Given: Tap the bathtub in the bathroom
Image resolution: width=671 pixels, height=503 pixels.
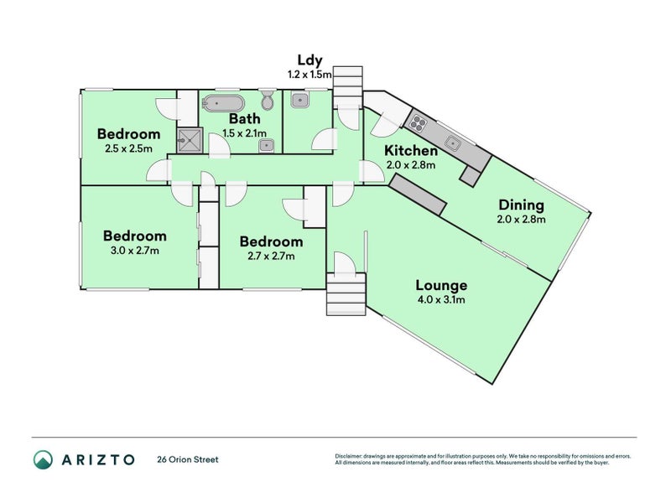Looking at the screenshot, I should point(224,104).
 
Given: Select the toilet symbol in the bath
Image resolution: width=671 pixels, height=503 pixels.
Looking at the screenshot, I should point(268,101).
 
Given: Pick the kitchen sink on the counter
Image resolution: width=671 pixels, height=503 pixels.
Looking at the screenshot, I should point(453,143).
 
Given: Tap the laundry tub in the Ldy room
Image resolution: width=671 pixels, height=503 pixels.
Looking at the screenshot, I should point(299,101).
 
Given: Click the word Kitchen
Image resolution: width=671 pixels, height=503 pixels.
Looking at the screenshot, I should point(411,151).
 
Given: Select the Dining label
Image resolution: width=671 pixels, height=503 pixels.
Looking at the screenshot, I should point(521,205).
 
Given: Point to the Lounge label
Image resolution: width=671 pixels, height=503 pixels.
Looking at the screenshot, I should point(440,285).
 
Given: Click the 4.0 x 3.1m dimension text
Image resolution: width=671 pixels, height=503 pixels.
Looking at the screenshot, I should point(440,299).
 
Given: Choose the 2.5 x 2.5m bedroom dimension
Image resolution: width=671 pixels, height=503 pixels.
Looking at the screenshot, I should point(128,149).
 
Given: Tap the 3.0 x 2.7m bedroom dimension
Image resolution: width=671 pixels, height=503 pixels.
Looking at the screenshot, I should point(134,250).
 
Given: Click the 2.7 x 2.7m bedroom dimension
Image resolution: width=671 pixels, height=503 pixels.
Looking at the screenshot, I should point(271,256).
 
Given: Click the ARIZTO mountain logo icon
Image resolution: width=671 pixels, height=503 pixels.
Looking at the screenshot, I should point(44,459).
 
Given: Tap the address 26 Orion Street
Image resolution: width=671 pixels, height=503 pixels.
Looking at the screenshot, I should point(188,459).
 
